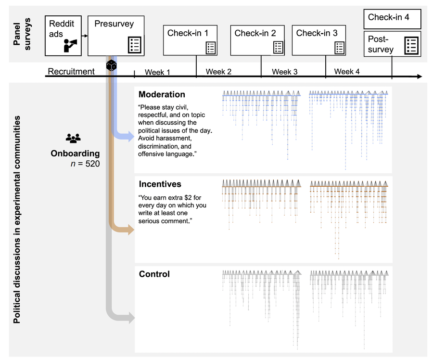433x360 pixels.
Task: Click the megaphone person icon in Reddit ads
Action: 70,45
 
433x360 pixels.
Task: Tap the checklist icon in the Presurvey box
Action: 135,44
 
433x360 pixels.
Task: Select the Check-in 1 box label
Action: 188,33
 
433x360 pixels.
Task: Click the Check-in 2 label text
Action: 255,33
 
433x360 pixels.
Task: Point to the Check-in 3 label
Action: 317,33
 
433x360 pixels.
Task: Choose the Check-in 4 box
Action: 392,18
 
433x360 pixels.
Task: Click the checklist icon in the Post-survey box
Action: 411,45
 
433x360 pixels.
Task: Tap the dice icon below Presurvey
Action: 111,65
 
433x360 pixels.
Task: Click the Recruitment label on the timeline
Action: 71,72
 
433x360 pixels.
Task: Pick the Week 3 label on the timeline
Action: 285,72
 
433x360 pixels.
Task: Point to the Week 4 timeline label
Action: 347,72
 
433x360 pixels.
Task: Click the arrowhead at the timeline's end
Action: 420,77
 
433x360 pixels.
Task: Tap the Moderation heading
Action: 162,94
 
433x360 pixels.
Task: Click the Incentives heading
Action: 160,184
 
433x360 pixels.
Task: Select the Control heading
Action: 154,274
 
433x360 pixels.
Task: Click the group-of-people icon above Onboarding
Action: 73,139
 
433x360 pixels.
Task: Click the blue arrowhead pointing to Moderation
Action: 128,136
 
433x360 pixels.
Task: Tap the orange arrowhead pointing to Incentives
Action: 128,230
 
